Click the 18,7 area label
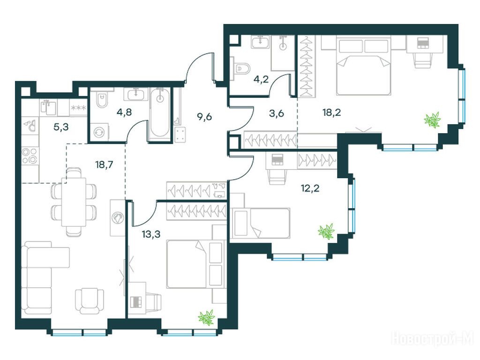tap(104, 165)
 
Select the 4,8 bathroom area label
tap(124, 112)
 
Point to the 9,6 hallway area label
tap(204, 117)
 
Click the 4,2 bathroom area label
tap(261, 79)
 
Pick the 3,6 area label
tap(276, 113)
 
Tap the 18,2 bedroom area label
tap(331, 112)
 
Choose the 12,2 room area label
tap(310, 187)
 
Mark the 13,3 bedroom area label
tap(151, 234)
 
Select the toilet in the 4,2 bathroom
tap(240, 68)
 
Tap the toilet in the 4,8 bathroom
tap(101, 99)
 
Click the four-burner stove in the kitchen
tap(30, 155)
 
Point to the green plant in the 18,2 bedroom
tap(432, 120)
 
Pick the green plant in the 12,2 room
tap(326, 231)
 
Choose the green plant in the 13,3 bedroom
tap(206, 317)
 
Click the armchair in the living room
tap(90, 301)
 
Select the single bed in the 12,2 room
tap(261, 223)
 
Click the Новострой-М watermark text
tap(432, 339)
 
